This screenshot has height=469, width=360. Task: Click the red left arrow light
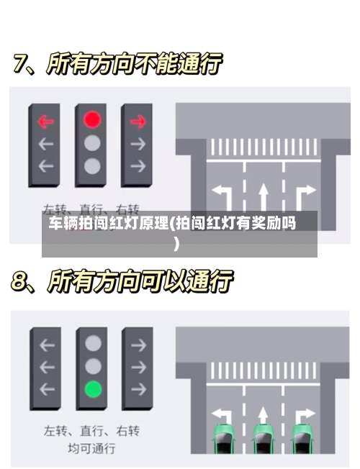pyautogui.click(x=46, y=120)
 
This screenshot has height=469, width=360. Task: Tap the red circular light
pyautogui.click(x=91, y=119)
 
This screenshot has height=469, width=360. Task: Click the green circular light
pyautogui.click(x=92, y=390)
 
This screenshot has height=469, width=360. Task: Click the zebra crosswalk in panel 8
pyautogui.click(x=263, y=371)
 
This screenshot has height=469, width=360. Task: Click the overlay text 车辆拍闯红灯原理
pyautogui.click(x=108, y=223)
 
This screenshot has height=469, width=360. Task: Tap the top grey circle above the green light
pyautogui.click(x=92, y=343)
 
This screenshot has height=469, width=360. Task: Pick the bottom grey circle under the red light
pyautogui.click(x=91, y=166)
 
